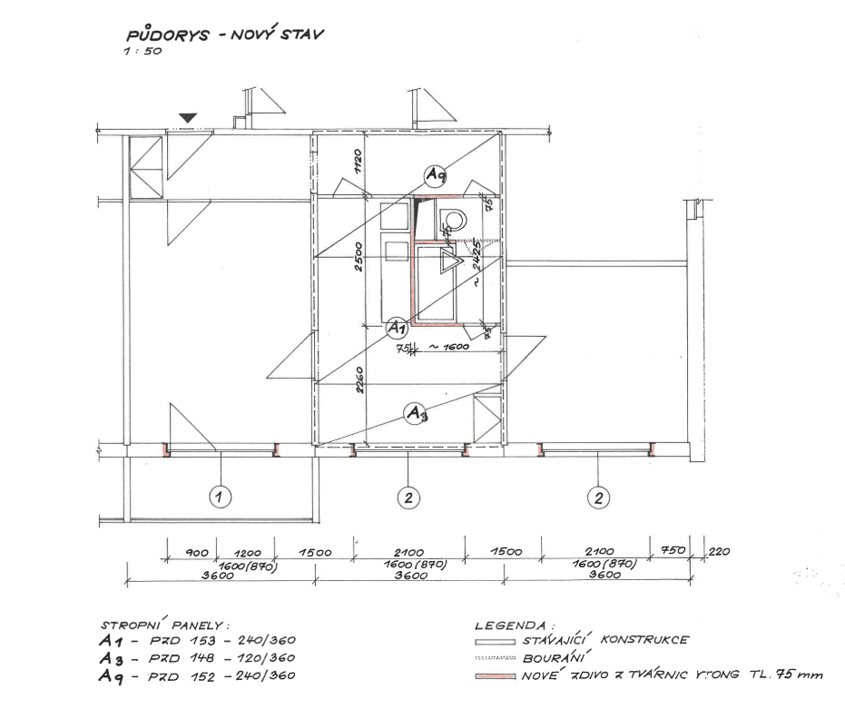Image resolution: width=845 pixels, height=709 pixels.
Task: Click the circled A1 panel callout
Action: [x=397, y=327]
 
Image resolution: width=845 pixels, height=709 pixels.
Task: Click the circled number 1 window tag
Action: [x=220, y=497]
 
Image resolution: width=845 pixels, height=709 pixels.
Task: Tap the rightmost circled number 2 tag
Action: [x=598, y=497]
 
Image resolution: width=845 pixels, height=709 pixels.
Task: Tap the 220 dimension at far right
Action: [x=718, y=551]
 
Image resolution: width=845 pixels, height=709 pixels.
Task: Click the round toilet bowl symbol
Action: [x=452, y=218]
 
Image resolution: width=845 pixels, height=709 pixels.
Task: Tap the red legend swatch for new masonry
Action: [x=496, y=675]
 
